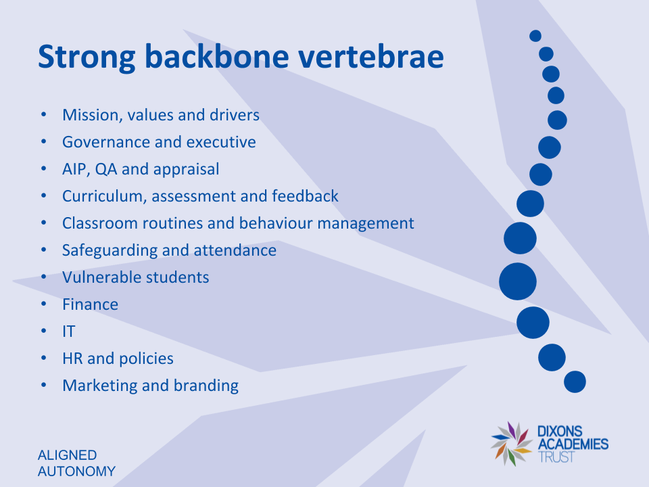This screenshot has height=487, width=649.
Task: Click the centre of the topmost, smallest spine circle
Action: point(535,36)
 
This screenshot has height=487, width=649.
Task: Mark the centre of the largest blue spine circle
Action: point(518,281)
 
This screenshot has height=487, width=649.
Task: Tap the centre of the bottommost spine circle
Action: point(575,381)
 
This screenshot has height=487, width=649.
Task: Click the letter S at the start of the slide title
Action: point(47,57)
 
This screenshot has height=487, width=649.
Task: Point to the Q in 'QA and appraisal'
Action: point(101,169)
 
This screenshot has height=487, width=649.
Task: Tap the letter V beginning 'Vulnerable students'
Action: point(68,277)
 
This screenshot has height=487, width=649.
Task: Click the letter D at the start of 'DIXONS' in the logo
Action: point(542,432)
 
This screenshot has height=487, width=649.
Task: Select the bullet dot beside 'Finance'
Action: point(44,304)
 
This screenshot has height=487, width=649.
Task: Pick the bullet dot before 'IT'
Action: point(44,331)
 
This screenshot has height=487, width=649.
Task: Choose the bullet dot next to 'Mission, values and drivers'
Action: point(44,114)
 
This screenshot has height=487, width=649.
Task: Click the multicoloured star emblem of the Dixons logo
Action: point(512,444)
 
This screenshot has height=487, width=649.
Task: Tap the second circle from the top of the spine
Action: point(546,54)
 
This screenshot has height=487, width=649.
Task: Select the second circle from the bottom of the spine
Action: point(552,357)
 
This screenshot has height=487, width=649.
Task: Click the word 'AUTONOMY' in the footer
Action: point(76,471)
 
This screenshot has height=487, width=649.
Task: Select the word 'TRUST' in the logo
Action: point(556,457)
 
